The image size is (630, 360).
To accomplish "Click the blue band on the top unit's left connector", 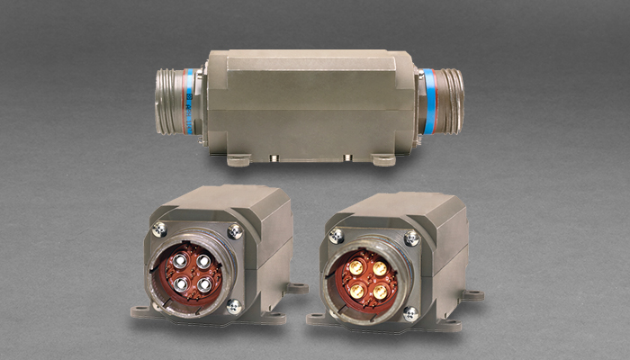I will click(x=191, y=101).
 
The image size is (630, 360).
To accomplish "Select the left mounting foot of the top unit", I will click(x=238, y=161).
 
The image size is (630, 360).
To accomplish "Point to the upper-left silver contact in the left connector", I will click(x=180, y=264).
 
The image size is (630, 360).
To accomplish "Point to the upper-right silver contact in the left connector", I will click(x=202, y=261).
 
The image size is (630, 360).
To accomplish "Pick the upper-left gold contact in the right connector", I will click(x=357, y=269).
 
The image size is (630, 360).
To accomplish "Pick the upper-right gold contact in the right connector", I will click(x=379, y=267).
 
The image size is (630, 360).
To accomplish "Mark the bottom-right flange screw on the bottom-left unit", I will click(x=233, y=306).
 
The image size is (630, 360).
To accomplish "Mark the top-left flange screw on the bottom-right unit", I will click(x=337, y=235).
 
